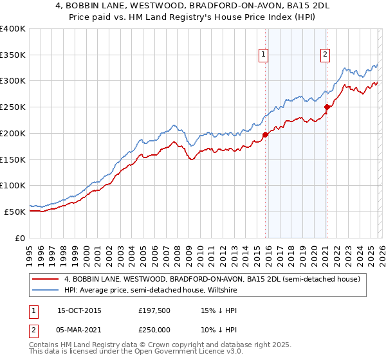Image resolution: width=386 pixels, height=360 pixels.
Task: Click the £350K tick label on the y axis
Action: pos(12,55)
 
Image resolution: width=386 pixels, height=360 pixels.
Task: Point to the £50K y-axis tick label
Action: pos(15,212)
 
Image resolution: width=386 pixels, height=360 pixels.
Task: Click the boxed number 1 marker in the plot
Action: pos(264,55)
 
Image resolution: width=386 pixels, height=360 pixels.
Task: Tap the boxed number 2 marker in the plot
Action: pos(326,55)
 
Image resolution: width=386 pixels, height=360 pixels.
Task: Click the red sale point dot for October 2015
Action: pos(265,135)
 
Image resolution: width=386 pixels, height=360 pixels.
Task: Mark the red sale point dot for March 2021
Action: pos(327,107)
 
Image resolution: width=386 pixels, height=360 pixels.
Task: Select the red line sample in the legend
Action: pos(46,279)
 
